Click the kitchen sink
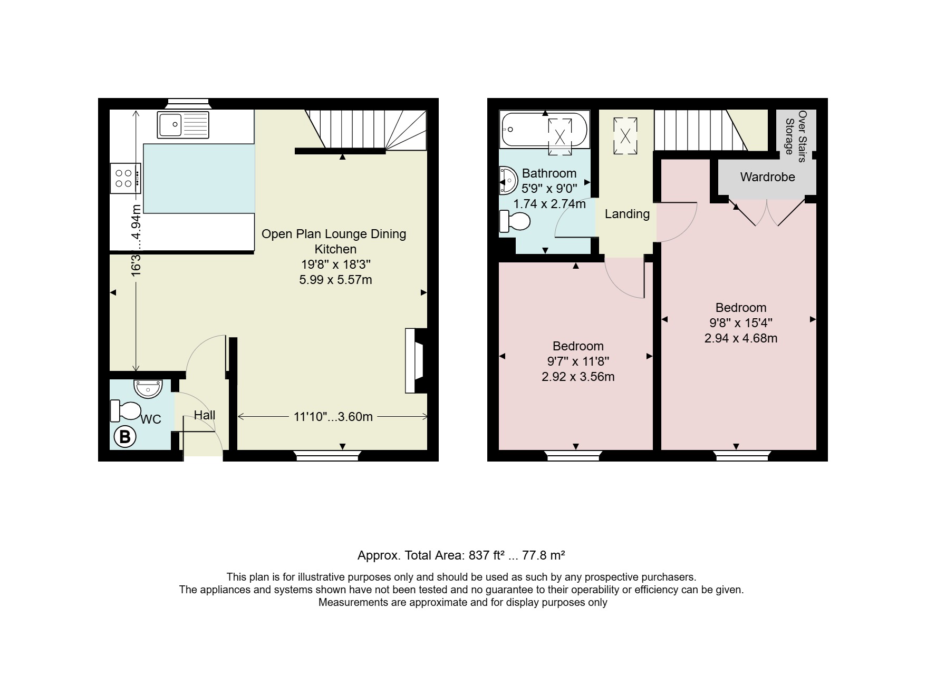pos(183,125)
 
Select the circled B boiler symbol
pos(125,437)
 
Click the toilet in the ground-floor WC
pos(126,411)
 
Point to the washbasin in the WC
pos(148,389)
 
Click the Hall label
pos(205,415)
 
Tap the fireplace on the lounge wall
pos(416,361)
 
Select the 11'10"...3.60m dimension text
pos(333,417)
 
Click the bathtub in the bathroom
pos(544,130)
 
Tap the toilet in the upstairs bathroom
pos(514,221)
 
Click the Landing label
pos(627,214)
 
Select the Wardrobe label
pos(767,177)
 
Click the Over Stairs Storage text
pos(796,133)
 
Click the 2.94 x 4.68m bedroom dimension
pos(741,338)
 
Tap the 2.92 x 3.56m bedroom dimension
pos(578,377)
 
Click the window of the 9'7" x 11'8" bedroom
pos(574,456)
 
